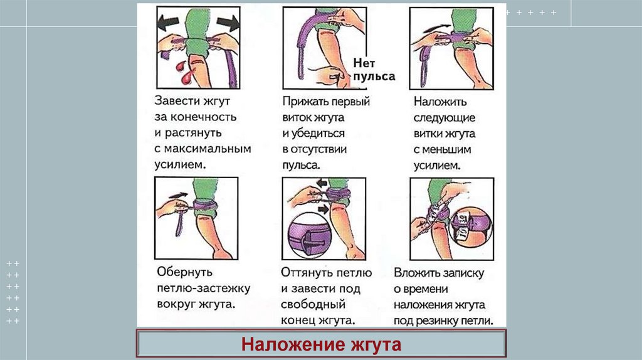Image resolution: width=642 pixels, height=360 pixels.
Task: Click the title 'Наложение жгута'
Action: coord(321,344)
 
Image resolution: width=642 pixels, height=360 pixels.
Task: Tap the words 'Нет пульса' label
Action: coord(374,70)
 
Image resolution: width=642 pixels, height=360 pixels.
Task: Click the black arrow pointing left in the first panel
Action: coord(168,23)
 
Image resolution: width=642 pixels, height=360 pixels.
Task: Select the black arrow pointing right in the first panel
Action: coord(228,23)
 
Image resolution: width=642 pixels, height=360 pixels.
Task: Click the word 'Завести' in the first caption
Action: coord(174,101)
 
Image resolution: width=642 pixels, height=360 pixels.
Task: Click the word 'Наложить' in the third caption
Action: coord(440,102)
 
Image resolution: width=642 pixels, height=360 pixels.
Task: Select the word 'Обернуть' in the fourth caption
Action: coord(184,272)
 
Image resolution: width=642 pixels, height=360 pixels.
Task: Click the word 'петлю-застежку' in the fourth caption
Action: coord(204,289)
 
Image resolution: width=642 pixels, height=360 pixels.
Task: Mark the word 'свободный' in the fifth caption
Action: coord(313,305)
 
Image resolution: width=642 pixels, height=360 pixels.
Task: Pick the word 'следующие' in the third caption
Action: coord(445,118)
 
